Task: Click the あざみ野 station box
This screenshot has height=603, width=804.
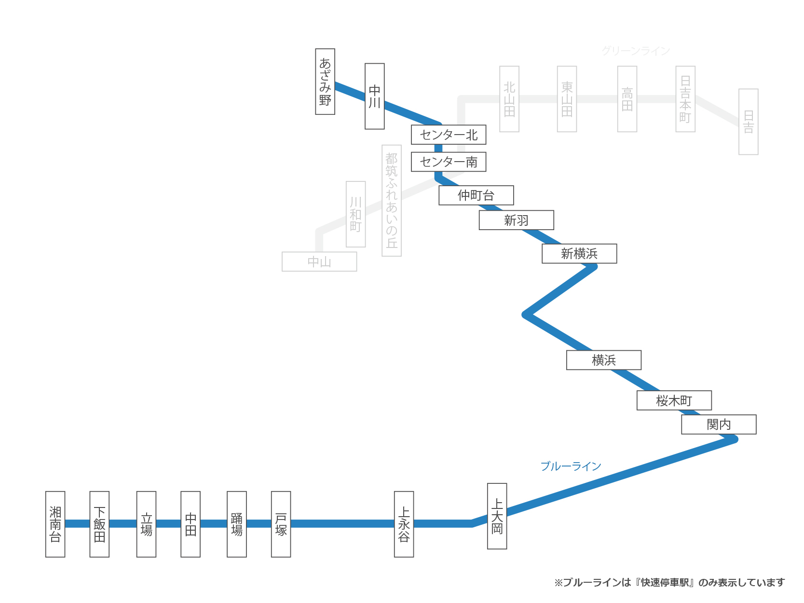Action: pos(325,82)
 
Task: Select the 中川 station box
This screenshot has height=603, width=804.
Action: pos(375,96)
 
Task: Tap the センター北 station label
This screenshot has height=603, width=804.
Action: pos(449,135)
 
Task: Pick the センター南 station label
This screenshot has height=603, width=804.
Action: pos(449,162)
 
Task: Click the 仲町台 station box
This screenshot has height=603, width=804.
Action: pos(476,195)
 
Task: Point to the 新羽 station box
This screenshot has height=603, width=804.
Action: pos(516,220)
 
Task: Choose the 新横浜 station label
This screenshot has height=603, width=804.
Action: pos(579,254)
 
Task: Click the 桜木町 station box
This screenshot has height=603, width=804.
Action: pos(674,400)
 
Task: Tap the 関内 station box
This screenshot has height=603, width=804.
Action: pos(719,425)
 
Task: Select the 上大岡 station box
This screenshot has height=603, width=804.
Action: pos(497,516)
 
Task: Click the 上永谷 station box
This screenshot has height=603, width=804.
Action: pos(404,524)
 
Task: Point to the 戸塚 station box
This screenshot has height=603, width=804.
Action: pos(281,524)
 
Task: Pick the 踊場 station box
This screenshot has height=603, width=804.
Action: pos(237,524)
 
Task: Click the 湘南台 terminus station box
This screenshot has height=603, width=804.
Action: pos(55,524)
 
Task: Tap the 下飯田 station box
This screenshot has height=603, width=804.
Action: pos(99,524)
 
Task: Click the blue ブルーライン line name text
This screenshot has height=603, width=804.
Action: pos(571,466)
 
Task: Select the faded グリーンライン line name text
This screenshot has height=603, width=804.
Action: pos(636,51)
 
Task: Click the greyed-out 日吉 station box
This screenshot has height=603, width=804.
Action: pos(749,122)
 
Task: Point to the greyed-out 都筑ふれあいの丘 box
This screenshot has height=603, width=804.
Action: pos(392,201)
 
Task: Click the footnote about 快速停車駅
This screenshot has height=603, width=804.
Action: pos(669,583)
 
